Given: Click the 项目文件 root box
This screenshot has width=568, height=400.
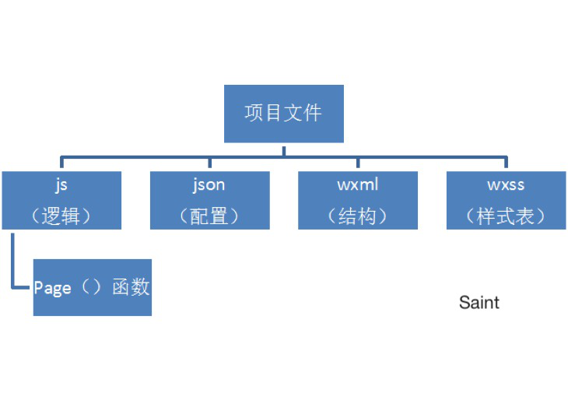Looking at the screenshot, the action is point(284,114).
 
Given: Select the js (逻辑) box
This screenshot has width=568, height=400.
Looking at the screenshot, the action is point(61,200).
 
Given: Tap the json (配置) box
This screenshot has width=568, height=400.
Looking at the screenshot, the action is point(210,200).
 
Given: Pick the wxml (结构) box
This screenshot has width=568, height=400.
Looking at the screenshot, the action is point(358,200).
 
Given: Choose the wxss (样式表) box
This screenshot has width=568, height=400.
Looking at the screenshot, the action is point(506,200).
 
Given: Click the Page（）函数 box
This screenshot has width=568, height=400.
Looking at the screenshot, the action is point(93,287).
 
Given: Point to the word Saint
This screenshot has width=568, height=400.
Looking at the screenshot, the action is point(479,302).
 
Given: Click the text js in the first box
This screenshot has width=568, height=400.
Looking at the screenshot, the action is point(61,185).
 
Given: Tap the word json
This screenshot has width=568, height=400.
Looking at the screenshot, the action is point(209,185).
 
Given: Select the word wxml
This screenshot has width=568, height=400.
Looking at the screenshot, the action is point(358,184).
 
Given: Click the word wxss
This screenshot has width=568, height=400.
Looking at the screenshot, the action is point(506,185).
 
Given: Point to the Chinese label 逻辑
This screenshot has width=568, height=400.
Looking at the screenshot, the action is point(61,216).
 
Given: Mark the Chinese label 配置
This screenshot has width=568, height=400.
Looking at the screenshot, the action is point(209,216).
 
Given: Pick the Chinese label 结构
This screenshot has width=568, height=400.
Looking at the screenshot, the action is point(357,216).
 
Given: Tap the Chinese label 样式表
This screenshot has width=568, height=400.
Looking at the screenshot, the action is point(505,216).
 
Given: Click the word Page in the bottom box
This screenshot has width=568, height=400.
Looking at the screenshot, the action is point(52,289).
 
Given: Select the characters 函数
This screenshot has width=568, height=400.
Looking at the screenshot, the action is point(131,287).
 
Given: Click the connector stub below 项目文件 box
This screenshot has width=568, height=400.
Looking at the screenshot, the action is point(284,152).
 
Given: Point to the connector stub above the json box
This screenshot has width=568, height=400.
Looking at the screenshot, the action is point(210,162).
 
